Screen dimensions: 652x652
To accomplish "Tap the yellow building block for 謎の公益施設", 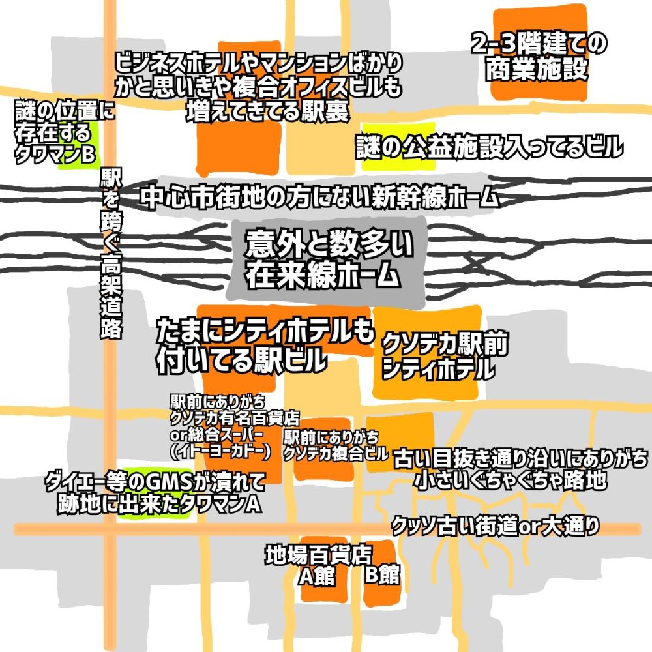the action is (398, 146).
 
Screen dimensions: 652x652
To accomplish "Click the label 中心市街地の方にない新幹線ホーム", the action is (319, 197).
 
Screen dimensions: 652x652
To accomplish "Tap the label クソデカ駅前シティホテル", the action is (445, 355).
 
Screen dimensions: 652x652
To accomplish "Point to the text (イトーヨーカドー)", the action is (220, 451).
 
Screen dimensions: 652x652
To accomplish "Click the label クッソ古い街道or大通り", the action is (496, 526).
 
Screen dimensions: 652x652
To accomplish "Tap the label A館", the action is (317, 576).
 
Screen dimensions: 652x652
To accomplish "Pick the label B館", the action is (382, 574).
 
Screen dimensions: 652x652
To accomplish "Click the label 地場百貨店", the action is (319, 555).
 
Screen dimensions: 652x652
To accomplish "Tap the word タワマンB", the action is (55, 155).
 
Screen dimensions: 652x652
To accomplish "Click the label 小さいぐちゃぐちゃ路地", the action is (511, 481).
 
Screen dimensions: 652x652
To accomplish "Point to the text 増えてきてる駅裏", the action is (267, 111).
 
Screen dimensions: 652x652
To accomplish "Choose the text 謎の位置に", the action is (65, 110).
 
